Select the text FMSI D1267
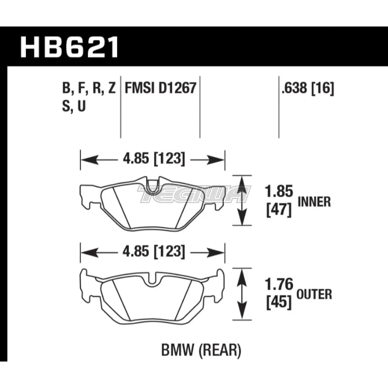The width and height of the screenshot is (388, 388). coord(161,89)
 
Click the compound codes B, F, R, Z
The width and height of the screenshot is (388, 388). coord(89,89)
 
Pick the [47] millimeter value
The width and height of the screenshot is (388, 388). coord(278,210)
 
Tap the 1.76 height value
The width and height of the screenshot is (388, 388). coord(279,285)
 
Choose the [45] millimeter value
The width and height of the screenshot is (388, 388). coord(279,302)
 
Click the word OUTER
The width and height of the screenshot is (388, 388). coord(315,294)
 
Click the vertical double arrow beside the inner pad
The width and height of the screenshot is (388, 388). coord(242,200)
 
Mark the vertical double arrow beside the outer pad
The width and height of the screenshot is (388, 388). coord(242,294)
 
